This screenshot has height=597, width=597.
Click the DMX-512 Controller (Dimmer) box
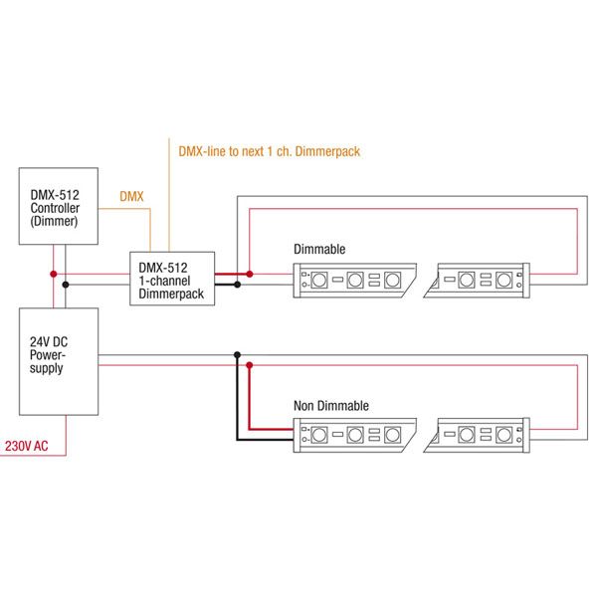pos(59,207)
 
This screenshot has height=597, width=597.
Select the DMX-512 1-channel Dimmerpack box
pos(172,277)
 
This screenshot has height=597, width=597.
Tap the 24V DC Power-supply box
pos(59,361)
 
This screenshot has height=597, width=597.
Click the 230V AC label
pos(27,446)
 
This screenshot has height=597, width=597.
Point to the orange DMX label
pos(131,197)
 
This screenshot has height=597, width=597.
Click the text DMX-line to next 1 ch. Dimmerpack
pos(268,152)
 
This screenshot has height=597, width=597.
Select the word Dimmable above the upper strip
pos(318,248)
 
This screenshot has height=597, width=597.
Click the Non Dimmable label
pos(330,406)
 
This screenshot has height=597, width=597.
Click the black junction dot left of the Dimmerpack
pos(66,285)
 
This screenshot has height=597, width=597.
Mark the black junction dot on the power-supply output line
pos(237,354)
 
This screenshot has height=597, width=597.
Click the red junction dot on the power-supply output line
pos(250,365)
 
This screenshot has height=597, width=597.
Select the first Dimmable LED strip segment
pos(355,280)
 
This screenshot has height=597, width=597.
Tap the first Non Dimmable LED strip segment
pos(355,436)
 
